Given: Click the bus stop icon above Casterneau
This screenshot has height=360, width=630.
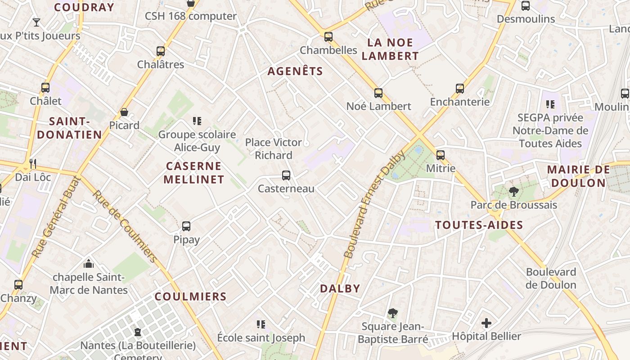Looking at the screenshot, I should [286, 175].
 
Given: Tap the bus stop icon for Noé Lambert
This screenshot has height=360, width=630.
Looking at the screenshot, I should [378, 93].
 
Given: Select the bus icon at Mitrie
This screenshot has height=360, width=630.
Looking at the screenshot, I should [441, 155].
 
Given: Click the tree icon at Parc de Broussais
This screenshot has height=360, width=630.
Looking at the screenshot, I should [513, 192].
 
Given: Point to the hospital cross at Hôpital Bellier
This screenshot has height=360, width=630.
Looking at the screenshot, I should [486, 323].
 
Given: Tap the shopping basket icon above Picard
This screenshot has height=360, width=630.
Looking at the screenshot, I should [124, 112].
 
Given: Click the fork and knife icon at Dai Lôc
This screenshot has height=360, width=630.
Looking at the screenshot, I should [32, 163].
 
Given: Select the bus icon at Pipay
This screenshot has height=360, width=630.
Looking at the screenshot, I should [186, 226].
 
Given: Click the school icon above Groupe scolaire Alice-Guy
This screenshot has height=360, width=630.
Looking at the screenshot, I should [197, 121].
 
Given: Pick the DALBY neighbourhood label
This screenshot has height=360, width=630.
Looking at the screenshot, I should [340, 288].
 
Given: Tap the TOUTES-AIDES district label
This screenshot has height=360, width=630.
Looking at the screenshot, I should [479, 225].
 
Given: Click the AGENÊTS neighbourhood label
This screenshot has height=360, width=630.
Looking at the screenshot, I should [295, 71].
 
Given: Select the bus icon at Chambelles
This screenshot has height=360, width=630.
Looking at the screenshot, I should [328, 37].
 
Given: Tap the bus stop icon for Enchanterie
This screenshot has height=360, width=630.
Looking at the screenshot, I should [459, 88].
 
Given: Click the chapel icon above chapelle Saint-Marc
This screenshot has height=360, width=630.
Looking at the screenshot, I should [89, 263].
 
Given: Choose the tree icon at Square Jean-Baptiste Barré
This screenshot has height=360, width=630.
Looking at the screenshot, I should [392, 313].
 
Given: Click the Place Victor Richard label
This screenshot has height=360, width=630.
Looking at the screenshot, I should [274, 148].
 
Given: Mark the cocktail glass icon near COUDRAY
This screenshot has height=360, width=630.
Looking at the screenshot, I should [36, 22].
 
